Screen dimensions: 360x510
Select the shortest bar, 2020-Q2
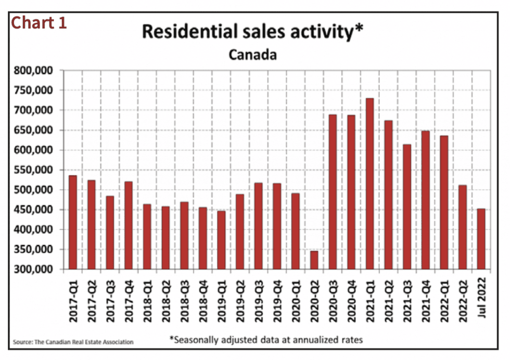pos(314,260)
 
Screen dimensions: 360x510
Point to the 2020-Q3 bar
pos(333,192)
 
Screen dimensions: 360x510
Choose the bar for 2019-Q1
pos(222,240)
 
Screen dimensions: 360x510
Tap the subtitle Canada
pos(253,54)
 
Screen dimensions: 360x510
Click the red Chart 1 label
pos(39,23)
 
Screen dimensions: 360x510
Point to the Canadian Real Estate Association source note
pos(73,342)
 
